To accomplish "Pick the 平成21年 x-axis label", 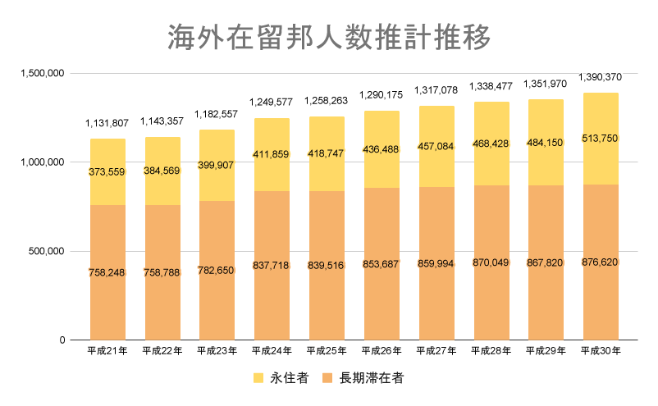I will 107,351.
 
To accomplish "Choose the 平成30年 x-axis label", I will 600,351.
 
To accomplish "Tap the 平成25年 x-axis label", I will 327,351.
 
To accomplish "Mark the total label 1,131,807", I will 107,123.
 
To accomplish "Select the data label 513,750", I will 600,139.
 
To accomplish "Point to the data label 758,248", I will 107,272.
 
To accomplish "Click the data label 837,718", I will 272,265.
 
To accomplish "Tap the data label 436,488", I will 382,148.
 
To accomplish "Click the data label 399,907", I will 217,165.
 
